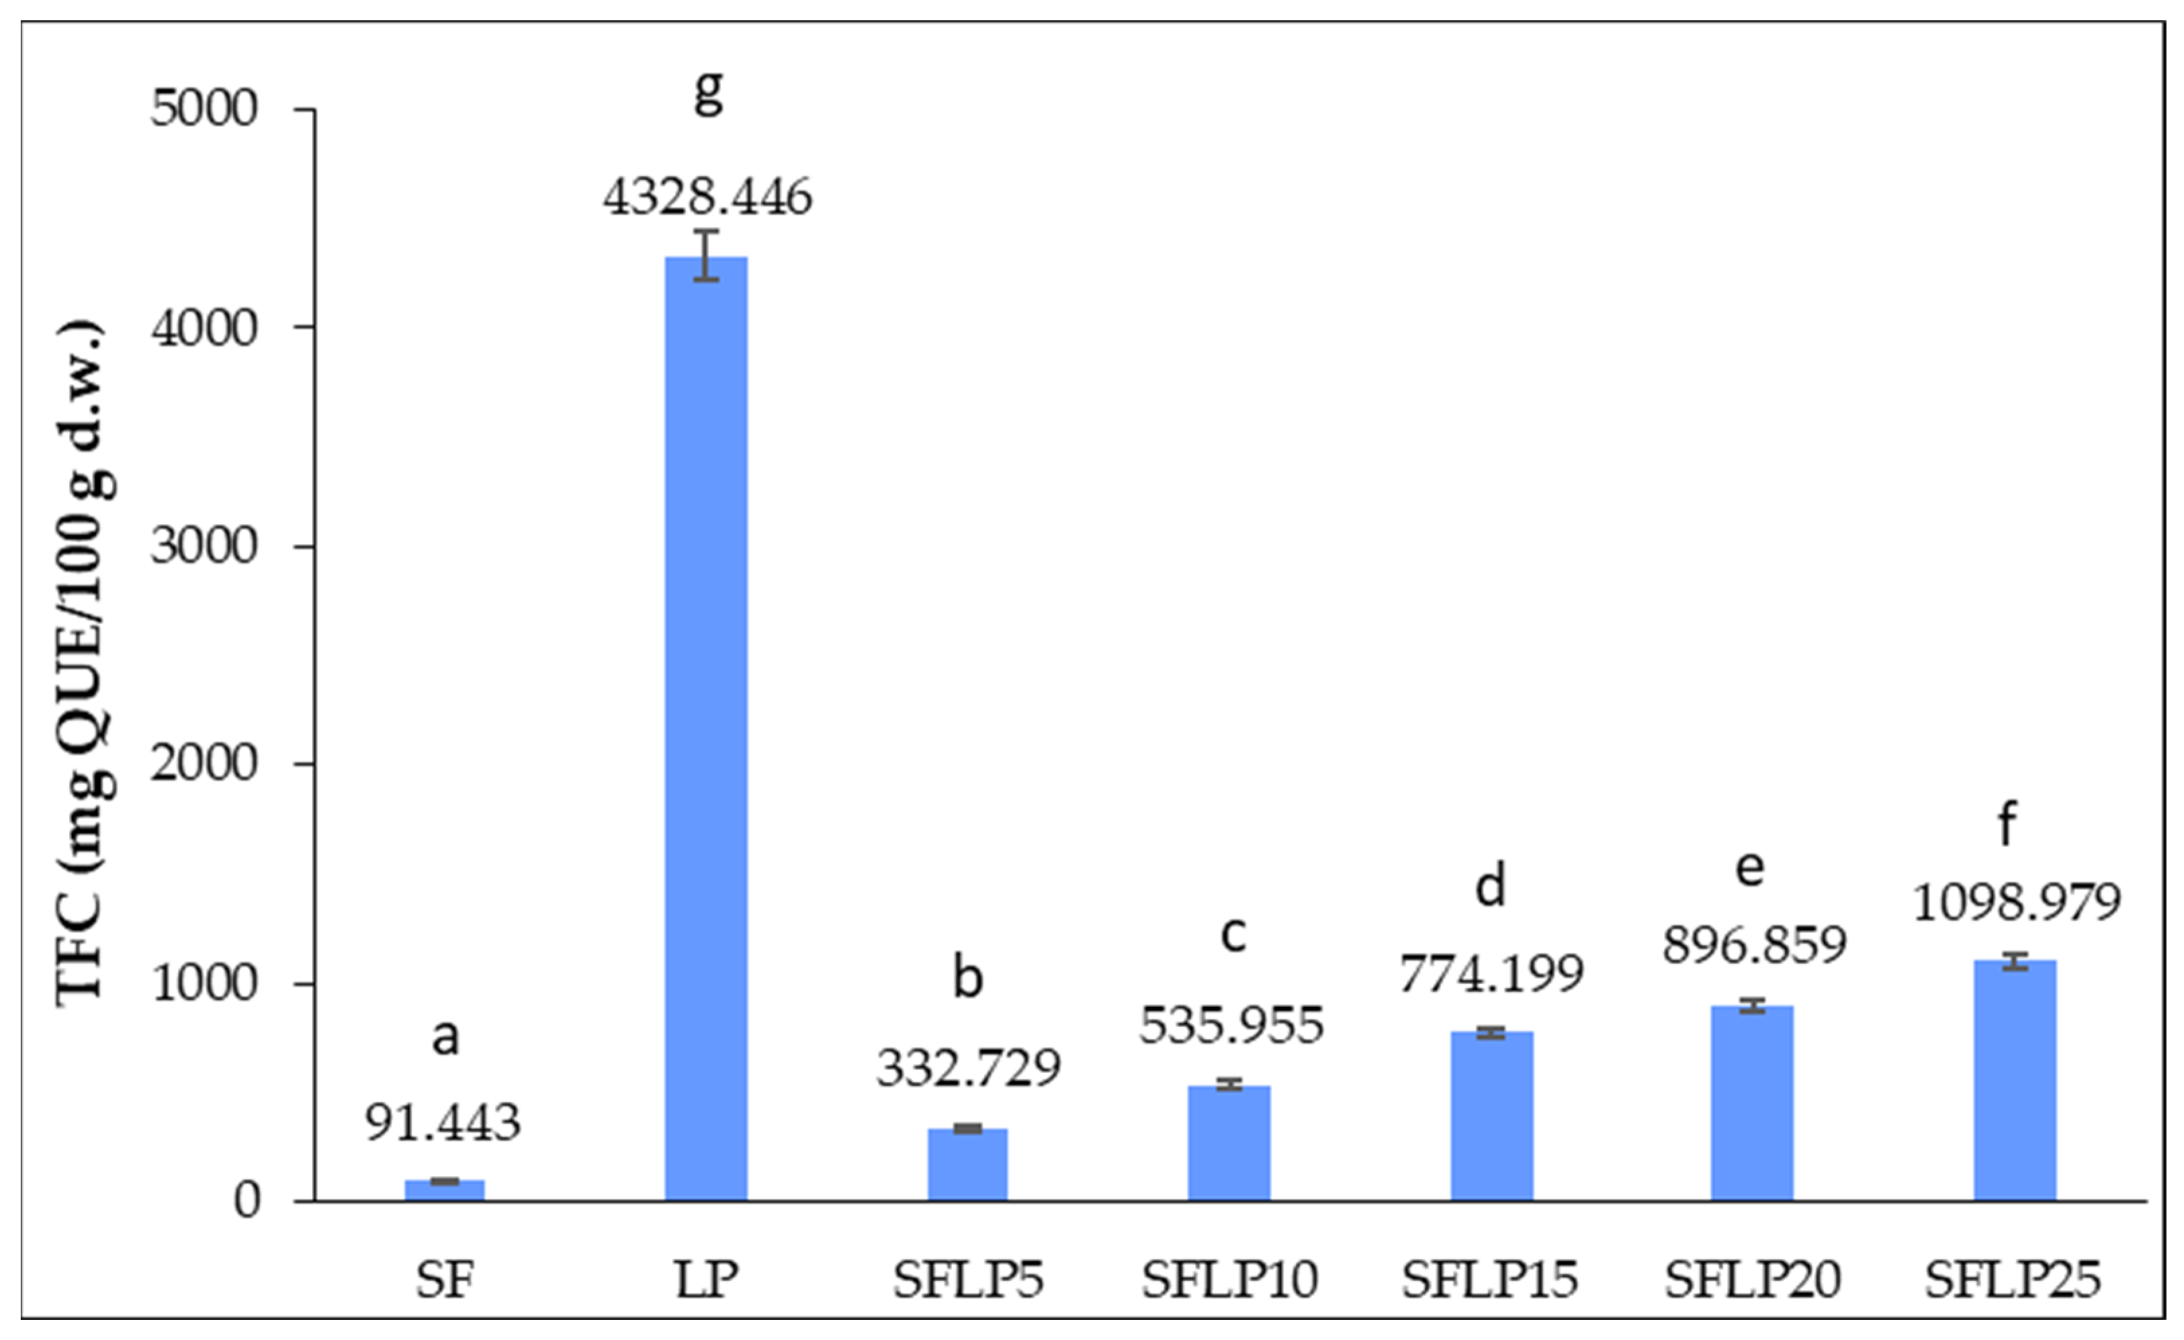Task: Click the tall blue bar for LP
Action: coord(707,729)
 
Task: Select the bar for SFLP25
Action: coord(2015,1080)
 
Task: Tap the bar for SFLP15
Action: coord(1492,1116)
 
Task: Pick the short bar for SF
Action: coord(445,1190)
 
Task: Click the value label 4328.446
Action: coord(707,197)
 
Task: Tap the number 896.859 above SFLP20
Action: coord(1754,945)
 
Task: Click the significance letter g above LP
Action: coord(708,91)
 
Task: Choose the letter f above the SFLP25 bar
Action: coord(2007,823)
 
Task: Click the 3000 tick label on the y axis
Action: coord(204,546)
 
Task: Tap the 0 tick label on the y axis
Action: coord(247,1201)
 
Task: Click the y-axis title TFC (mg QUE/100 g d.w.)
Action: coord(85,662)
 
